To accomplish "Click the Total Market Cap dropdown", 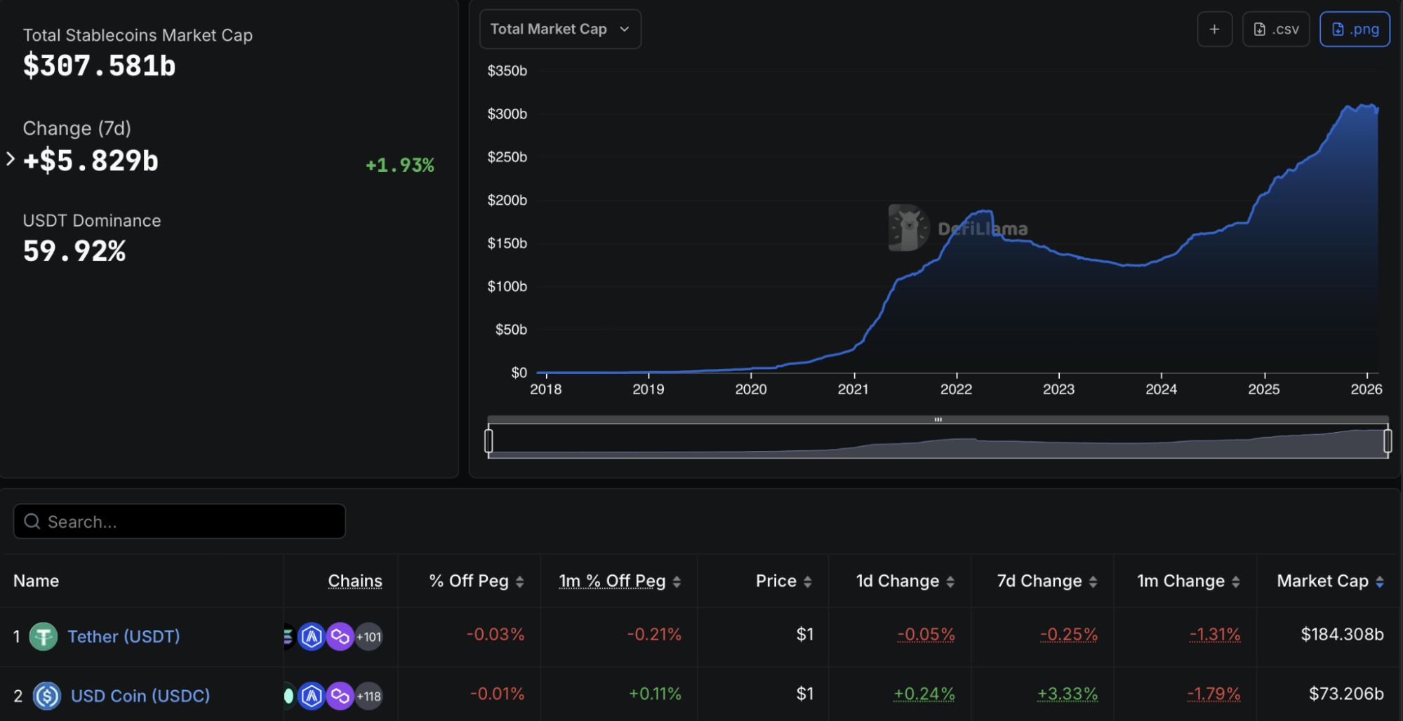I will (x=559, y=29).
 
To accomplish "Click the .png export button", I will (x=1354, y=29).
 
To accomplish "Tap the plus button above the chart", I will (x=1214, y=29).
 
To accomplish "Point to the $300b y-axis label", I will (x=507, y=114).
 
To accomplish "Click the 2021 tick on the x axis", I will (x=853, y=389).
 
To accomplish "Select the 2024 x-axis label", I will (x=1161, y=389).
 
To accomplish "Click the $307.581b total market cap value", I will (x=99, y=66).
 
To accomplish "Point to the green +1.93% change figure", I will (x=400, y=166).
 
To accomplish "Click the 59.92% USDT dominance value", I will (x=74, y=251).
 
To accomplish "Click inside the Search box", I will (x=180, y=522).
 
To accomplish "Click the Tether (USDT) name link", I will (x=124, y=636).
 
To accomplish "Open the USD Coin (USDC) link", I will (x=140, y=696).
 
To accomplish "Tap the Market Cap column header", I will (x=1322, y=581).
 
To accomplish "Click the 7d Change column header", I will (x=1039, y=581).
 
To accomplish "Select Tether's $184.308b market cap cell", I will (x=1341, y=635).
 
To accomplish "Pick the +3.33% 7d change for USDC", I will (x=1067, y=694).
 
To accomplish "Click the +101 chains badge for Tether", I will (x=368, y=637).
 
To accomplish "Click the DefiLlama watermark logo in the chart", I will (x=909, y=228).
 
